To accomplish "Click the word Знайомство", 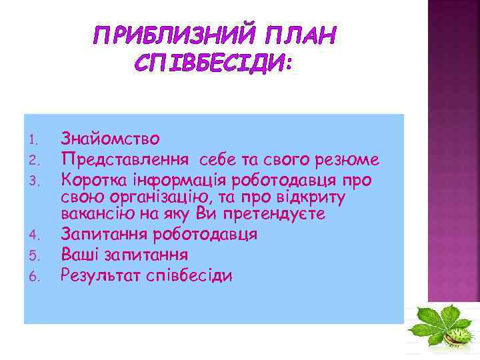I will (110, 139).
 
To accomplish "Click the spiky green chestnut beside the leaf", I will (458, 337).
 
